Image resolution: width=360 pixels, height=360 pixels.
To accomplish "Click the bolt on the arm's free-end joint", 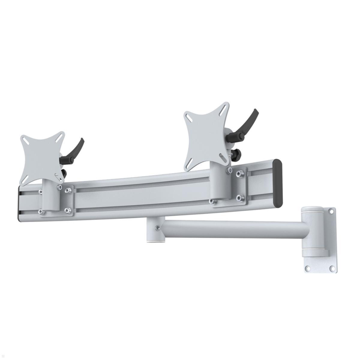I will [156, 228].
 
